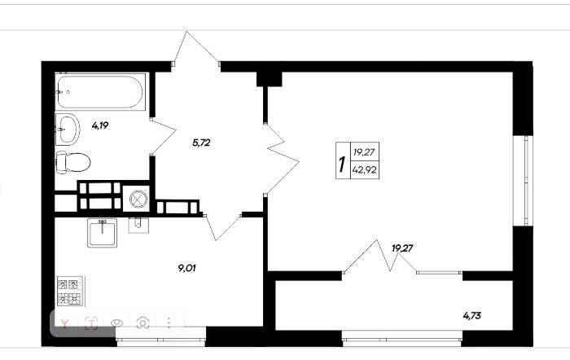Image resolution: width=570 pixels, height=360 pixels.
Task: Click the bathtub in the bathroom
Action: pyautogui.click(x=100, y=92)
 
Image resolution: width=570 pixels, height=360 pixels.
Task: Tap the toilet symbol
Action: pyautogui.click(x=73, y=162)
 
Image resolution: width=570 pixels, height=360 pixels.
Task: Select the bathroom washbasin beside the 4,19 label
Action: pyautogui.click(x=68, y=129)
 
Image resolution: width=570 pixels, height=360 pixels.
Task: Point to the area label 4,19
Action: pyautogui.click(x=100, y=125)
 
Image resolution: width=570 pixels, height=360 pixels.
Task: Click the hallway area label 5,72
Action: pyautogui.click(x=201, y=143)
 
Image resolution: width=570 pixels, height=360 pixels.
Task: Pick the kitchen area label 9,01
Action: pyautogui.click(x=186, y=268)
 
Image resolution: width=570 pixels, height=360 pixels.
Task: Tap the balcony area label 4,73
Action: pyautogui.click(x=471, y=316)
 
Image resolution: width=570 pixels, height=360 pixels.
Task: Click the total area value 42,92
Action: pyautogui.click(x=364, y=169)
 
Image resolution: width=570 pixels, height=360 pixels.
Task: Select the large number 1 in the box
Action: pyautogui.click(x=342, y=165)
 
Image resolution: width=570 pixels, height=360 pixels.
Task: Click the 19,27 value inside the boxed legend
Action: pyautogui.click(x=364, y=152)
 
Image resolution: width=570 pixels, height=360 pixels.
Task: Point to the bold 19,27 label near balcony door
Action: pyautogui.click(x=402, y=248)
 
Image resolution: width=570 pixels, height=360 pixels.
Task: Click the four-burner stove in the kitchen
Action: pyautogui.click(x=70, y=292)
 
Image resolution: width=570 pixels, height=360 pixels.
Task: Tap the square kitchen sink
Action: pyautogui.click(x=102, y=233)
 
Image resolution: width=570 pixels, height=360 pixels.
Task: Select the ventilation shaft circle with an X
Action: pyautogui.click(x=138, y=199)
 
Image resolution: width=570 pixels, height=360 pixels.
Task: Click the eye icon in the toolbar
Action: pyautogui.click(x=116, y=323)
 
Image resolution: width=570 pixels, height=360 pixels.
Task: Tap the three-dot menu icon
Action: pyautogui.click(x=169, y=323)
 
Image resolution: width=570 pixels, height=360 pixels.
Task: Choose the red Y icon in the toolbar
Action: pyautogui.click(x=65, y=323)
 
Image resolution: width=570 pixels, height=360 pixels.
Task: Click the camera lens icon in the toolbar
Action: pyautogui.click(x=142, y=323)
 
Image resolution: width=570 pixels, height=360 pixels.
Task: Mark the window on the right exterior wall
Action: pyautogui.click(x=523, y=181)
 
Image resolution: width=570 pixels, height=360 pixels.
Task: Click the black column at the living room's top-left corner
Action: pyautogui.click(x=270, y=79)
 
